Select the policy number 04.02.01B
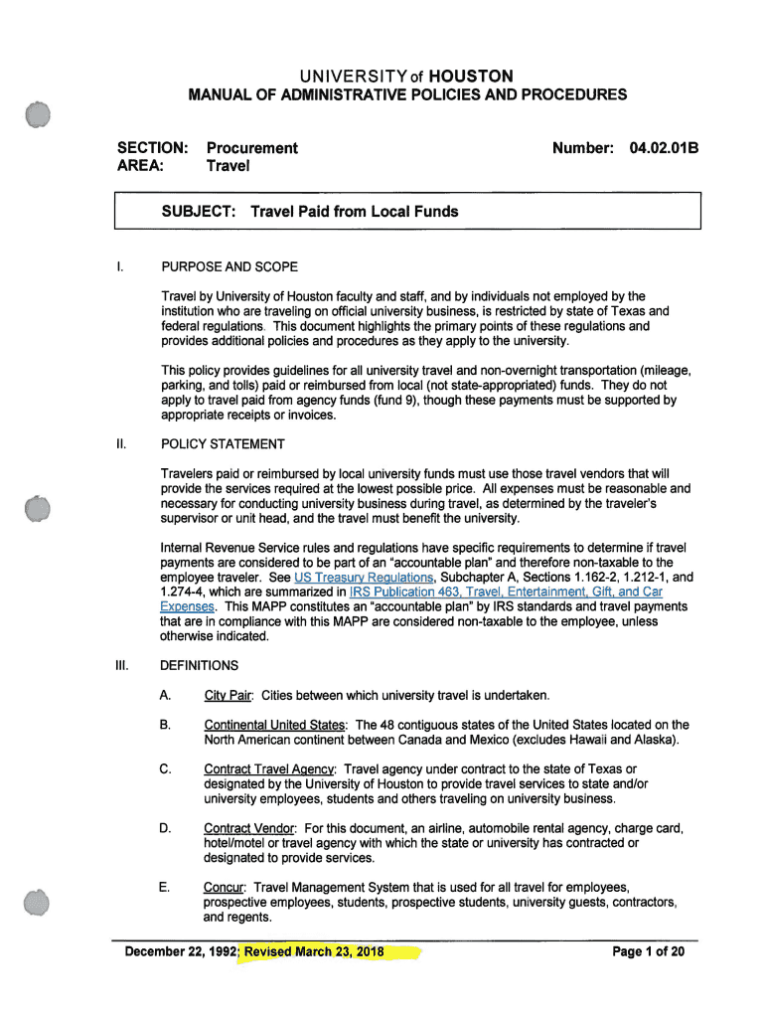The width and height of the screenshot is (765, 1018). [665, 148]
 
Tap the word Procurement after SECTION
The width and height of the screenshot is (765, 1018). [251, 148]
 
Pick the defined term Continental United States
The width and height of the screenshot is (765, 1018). [274, 725]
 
